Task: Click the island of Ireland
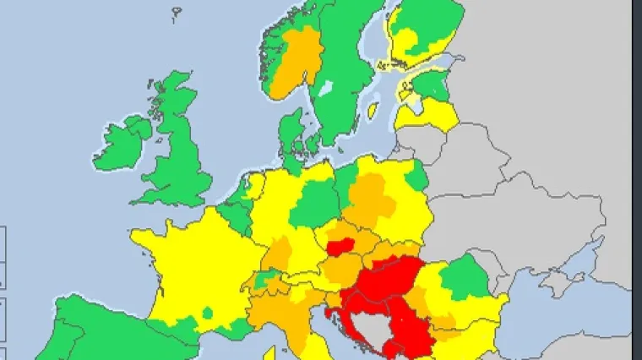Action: [125, 142]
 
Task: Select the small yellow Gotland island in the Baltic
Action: [373, 110]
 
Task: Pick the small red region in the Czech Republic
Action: [340, 247]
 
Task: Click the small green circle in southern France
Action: [208, 314]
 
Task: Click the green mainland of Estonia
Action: [435, 85]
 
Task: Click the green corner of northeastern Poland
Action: [416, 176]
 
